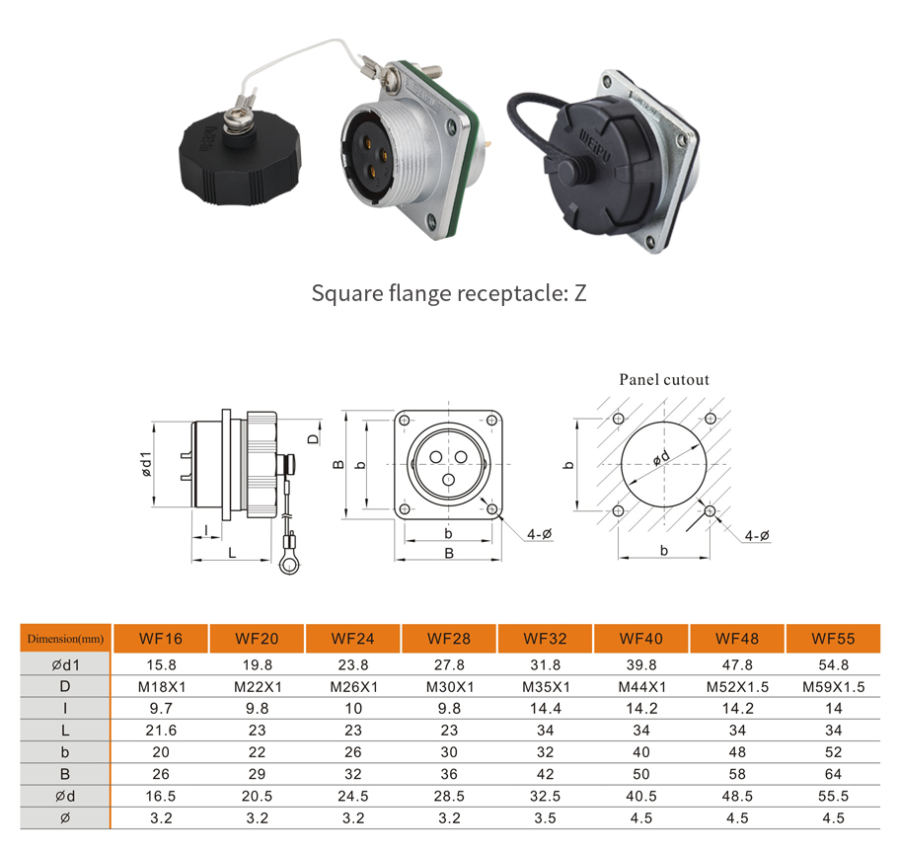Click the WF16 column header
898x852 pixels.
pyautogui.click(x=160, y=639)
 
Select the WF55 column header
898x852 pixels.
pyautogui.click(x=833, y=639)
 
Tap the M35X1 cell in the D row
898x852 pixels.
pyautogui.click(x=545, y=686)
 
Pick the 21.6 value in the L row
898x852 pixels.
pyautogui.click(x=160, y=730)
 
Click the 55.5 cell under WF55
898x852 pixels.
pyautogui.click(x=833, y=796)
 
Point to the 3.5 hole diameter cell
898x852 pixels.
pyautogui.click(x=545, y=817)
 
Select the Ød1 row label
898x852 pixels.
pyautogui.click(x=65, y=664)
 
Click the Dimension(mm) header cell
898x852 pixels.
pyautogui.click(x=65, y=639)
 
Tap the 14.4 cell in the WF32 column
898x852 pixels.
pyautogui.click(x=545, y=708)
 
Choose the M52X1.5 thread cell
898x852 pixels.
pyautogui.click(x=737, y=686)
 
